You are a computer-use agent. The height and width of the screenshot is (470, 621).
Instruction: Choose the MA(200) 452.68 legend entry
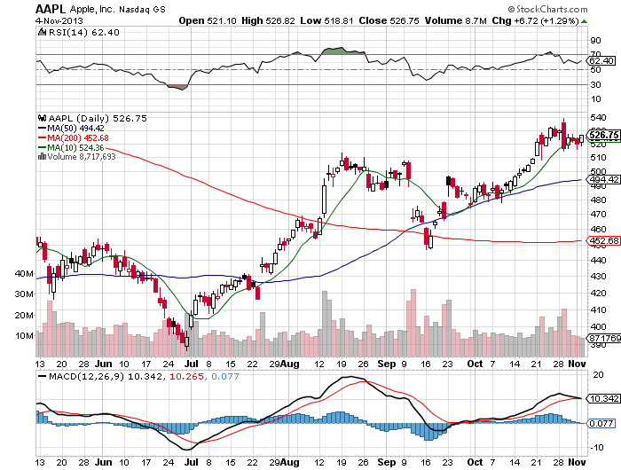click(x=78, y=137)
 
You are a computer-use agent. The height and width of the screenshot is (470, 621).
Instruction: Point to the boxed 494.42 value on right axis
click(x=602, y=179)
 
